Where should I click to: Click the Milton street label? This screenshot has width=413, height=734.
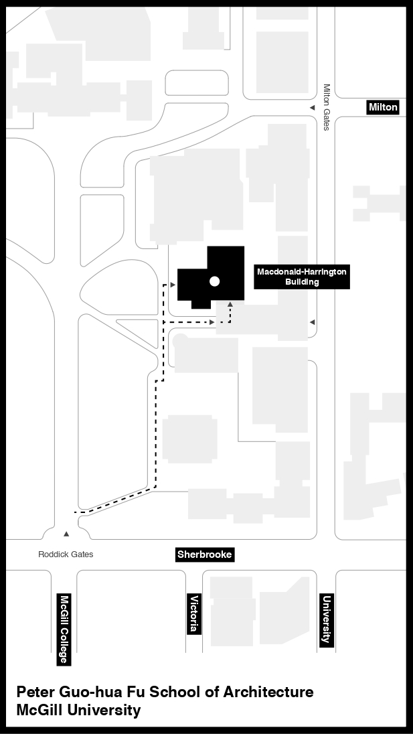coord(383,107)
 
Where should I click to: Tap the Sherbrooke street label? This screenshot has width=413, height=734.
coord(204,555)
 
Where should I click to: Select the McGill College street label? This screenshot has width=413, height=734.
coord(64,629)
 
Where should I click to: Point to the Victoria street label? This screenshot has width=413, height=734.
coord(194,613)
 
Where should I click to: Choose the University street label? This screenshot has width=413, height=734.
coord(327,619)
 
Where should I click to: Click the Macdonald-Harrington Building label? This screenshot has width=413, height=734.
coord(302,277)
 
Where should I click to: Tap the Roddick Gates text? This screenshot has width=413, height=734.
coord(66,555)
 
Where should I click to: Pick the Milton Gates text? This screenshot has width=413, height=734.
coord(327,107)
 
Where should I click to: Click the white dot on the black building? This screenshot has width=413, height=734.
coord(215,281)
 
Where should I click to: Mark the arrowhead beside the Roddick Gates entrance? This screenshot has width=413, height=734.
coord(66,534)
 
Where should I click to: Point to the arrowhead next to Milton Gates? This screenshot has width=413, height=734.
coord(313,108)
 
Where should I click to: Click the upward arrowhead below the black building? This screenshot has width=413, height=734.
coord(230,305)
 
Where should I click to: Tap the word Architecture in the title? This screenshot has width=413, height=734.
coord(268,692)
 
